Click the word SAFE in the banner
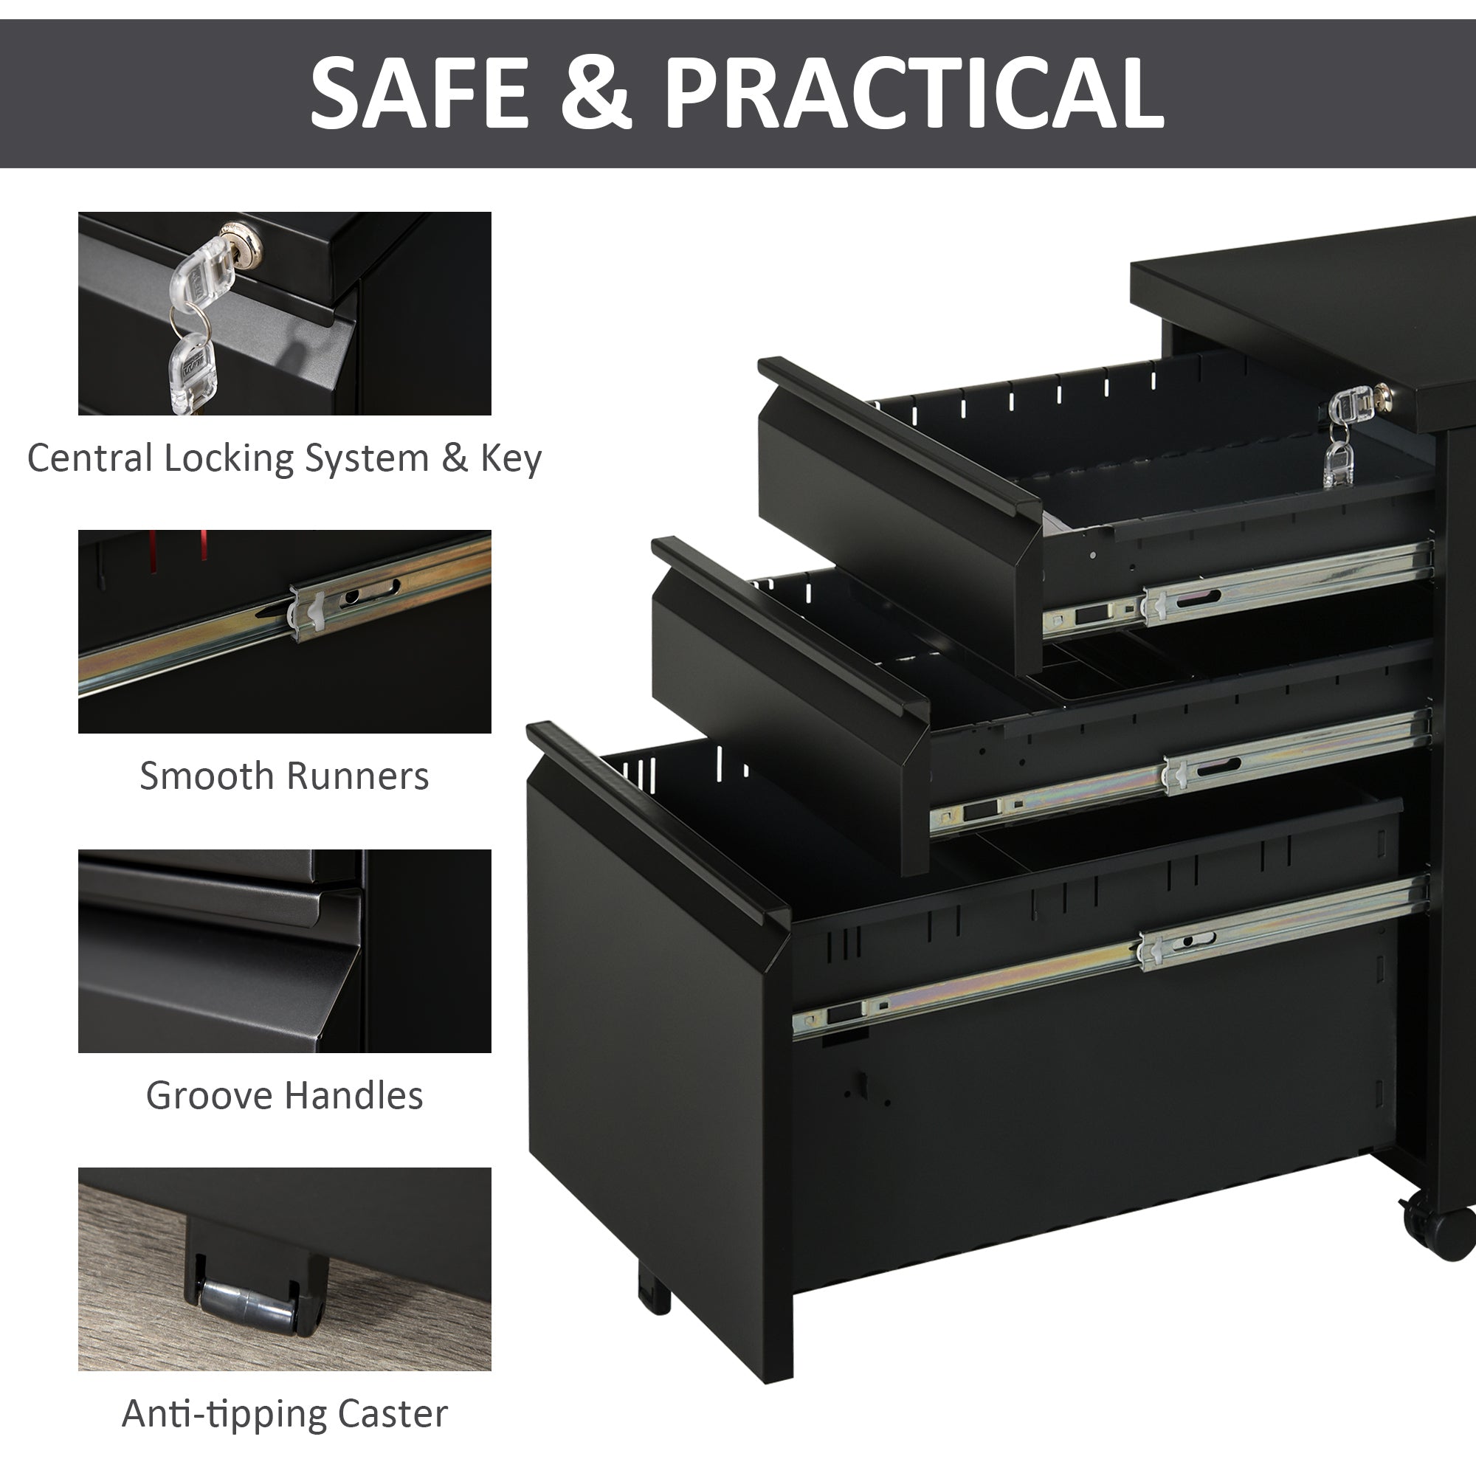click(418, 94)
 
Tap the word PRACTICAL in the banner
click(914, 94)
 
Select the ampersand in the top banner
click(596, 94)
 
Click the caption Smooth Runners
click(284, 776)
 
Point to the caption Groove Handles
click(284, 1094)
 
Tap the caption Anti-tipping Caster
click(284, 1413)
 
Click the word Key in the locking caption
click(511, 458)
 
